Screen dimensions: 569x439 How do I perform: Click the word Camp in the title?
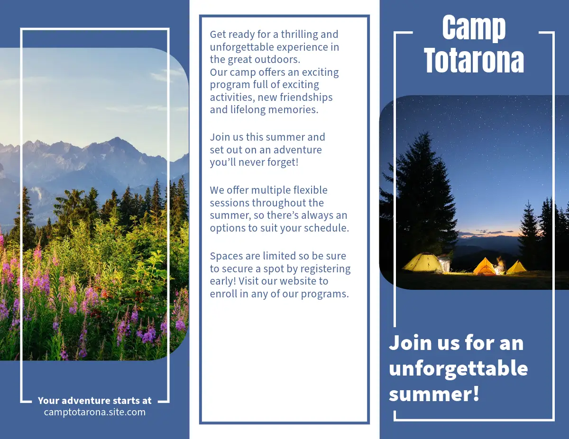coord(474,28)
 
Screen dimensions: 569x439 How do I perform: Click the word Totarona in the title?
coord(474,61)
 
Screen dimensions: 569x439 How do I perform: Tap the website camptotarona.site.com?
coord(94,412)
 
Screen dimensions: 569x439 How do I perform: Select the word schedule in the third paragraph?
coord(327,228)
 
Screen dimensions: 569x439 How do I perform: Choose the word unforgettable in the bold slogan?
coord(458,368)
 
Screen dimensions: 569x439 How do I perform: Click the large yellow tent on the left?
coord(422,262)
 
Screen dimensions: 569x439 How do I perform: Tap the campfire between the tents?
coord(500,266)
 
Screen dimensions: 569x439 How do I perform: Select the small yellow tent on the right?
coord(516,267)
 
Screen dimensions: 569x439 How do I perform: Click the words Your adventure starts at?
coord(94,401)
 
